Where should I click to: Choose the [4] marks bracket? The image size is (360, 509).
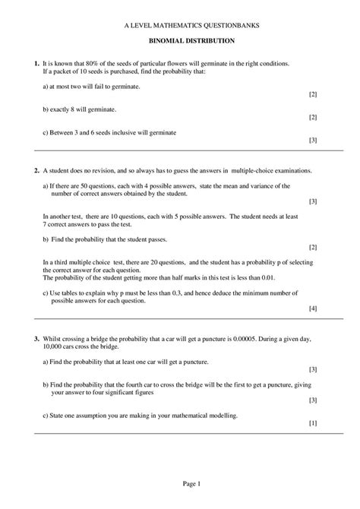click(313, 309)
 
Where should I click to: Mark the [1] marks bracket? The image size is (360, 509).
click(313, 422)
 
